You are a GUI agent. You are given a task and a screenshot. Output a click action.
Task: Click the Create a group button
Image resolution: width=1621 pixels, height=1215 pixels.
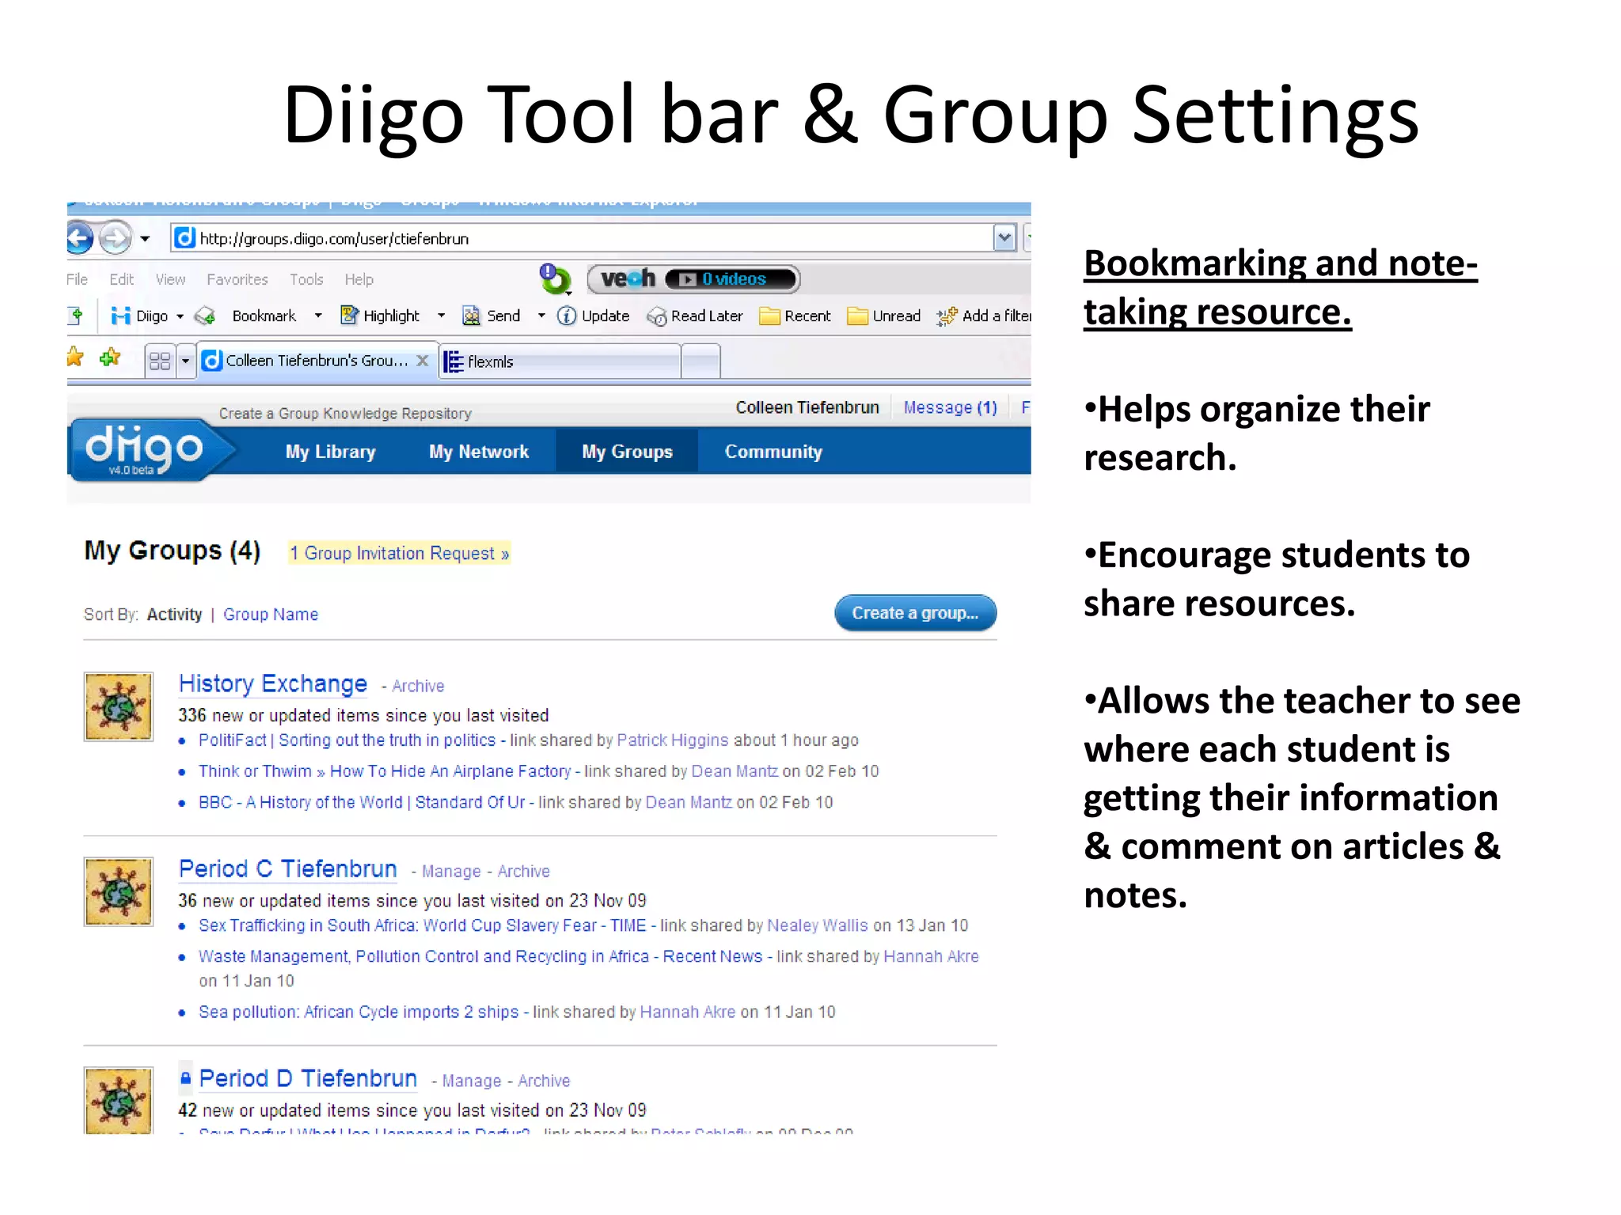(x=915, y=613)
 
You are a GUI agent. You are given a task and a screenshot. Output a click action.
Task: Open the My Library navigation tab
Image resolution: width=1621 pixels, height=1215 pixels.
(x=330, y=452)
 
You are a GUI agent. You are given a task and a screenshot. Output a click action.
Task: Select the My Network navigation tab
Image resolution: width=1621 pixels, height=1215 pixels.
(x=479, y=452)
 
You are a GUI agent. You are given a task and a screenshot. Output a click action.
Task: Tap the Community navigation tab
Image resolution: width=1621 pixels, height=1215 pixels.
(x=773, y=452)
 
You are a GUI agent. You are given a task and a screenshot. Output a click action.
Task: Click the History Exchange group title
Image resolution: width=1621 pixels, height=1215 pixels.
(x=273, y=684)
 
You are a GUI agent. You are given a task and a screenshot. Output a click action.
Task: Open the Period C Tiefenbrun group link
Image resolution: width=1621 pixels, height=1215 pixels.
(x=287, y=869)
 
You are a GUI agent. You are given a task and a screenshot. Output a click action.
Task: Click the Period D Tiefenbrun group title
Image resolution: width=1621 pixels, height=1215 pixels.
(x=308, y=1079)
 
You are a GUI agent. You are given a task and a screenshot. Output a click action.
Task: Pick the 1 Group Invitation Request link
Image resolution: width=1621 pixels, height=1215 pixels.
(x=399, y=553)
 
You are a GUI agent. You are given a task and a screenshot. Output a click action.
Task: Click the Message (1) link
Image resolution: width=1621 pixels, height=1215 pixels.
(x=950, y=407)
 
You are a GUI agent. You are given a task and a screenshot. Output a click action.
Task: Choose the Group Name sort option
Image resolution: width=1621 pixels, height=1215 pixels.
(x=271, y=615)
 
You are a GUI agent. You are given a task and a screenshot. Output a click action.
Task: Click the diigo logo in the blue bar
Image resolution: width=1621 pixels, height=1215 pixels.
(x=144, y=449)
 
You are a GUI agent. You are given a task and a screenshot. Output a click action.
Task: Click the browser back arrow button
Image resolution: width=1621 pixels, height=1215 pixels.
(x=80, y=238)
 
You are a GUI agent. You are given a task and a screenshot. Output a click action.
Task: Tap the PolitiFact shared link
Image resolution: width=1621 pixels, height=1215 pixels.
(x=347, y=740)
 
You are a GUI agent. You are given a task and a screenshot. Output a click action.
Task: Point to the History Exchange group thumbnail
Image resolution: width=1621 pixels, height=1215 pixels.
(x=119, y=706)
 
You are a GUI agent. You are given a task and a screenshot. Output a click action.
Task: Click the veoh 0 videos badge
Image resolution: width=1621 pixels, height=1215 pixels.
(x=693, y=279)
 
